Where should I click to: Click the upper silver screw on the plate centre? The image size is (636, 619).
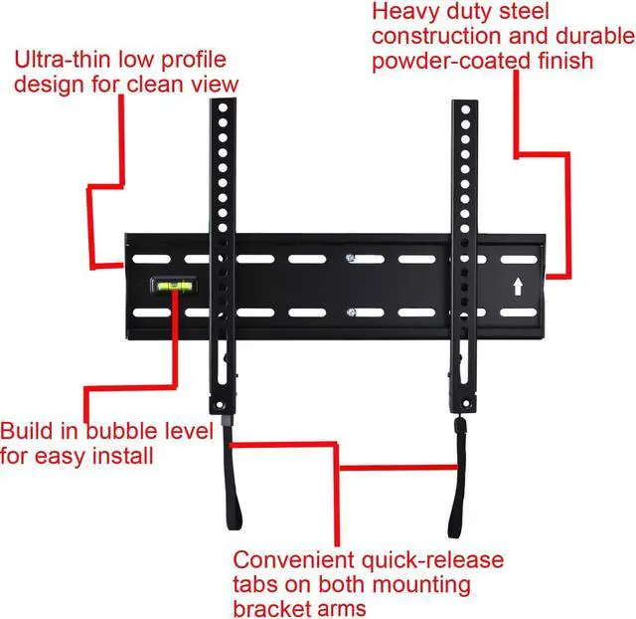pos(351,259)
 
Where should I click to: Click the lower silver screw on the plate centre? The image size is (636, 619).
pos(351,315)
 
